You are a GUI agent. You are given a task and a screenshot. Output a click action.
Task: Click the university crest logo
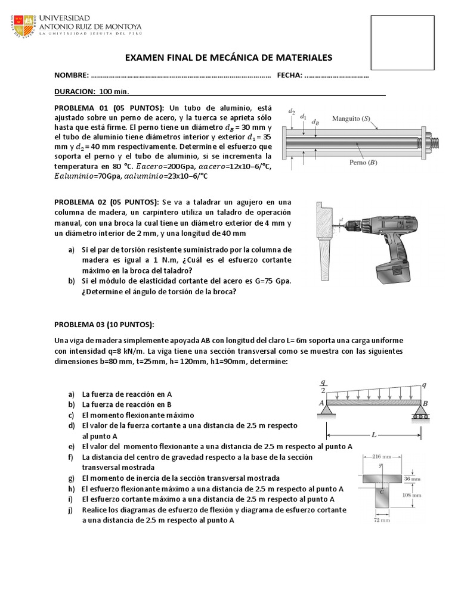[24, 24]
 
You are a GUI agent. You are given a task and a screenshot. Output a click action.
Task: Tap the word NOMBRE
[71, 76]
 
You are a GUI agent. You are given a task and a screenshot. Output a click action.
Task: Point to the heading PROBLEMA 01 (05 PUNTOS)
[110, 108]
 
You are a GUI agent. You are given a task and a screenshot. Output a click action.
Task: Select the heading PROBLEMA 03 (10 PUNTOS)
[104, 324]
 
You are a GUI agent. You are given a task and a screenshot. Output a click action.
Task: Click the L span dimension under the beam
[373, 435]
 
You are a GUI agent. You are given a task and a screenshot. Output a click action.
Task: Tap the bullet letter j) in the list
[71, 511]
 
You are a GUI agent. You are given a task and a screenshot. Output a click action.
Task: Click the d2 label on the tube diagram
[292, 111]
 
